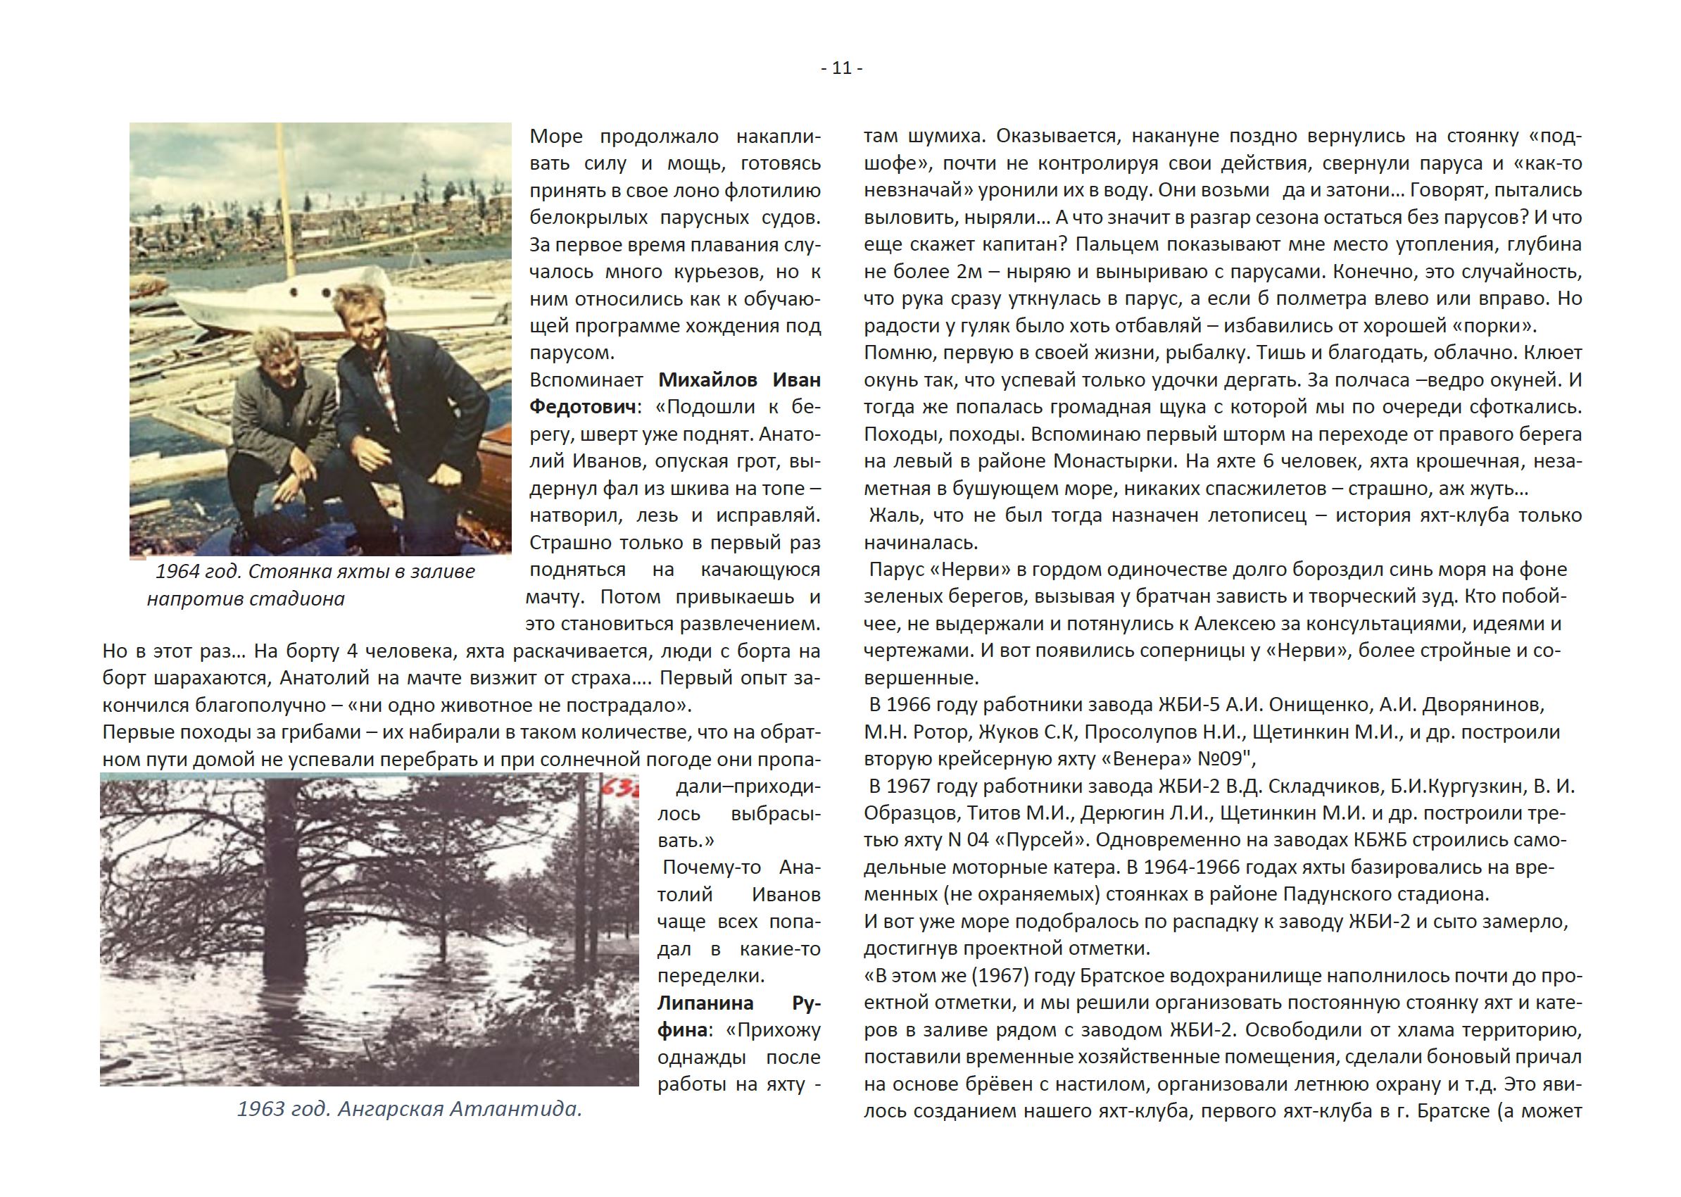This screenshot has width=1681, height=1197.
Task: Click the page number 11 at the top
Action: (x=842, y=68)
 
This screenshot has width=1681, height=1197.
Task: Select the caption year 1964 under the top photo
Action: (x=177, y=571)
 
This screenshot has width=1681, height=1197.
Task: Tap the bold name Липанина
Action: (x=695, y=1003)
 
